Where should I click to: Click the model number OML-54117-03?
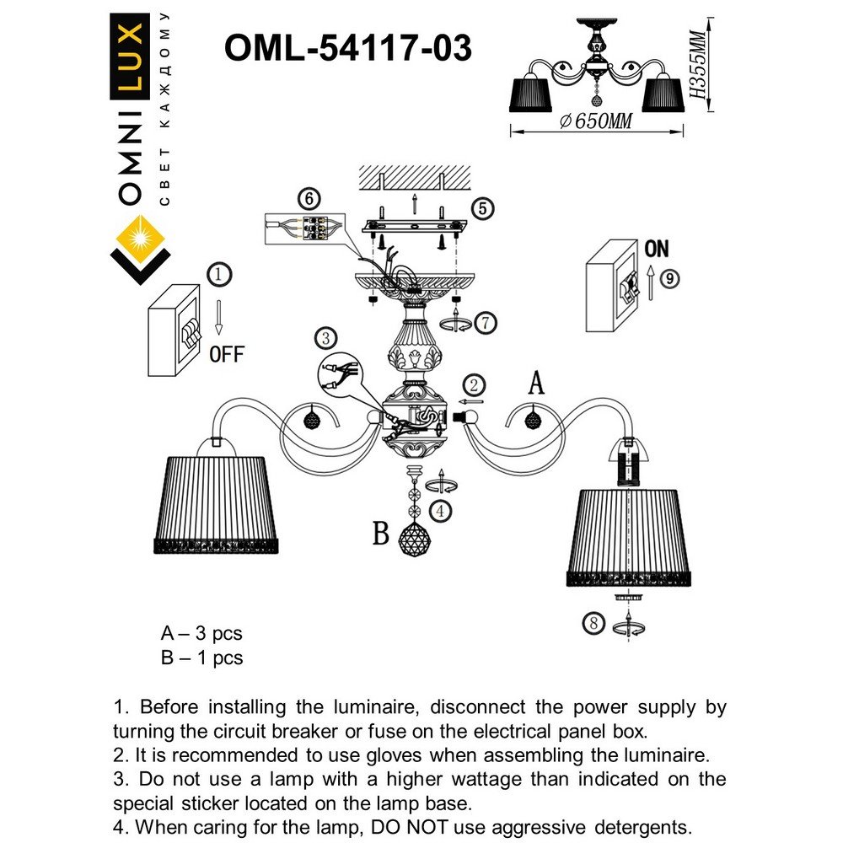[x=347, y=48]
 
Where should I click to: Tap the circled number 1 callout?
[x=218, y=274]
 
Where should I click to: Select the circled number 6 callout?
[x=309, y=199]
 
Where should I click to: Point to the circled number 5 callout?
[x=481, y=208]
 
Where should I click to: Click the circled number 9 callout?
[x=668, y=278]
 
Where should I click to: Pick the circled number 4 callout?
[x=438, y=510]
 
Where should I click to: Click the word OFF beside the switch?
[x=226, y=354]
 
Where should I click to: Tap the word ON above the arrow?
[x=657, y=249]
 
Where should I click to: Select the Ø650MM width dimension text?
[x=596, y=121]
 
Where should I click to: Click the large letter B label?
[x=382, y=534]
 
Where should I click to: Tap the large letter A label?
[x=535, y=384]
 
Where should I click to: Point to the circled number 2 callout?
[x=475, y=385]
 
